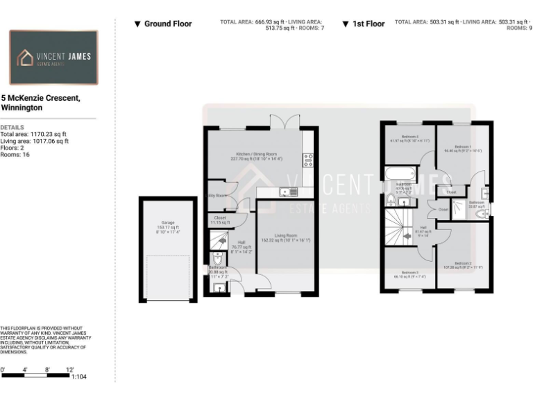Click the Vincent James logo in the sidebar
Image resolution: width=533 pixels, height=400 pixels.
pyautogui.click(x=53, y=58)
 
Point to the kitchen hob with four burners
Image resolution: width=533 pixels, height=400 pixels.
pyautogui.click(x=307, y=160)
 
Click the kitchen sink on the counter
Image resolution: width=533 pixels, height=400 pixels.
pyautogui.click(x=285, y=192)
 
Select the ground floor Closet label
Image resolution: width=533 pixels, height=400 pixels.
pyautogui.click(x=220, y=219)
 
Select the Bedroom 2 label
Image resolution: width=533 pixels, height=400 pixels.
pyautogui.click(x=462, y=265)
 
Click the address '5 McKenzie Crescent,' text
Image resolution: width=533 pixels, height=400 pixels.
pyautogui.click(x=41, y=99)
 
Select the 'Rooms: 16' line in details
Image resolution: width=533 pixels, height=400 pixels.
pyautogui.click(x=15, y=154)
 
